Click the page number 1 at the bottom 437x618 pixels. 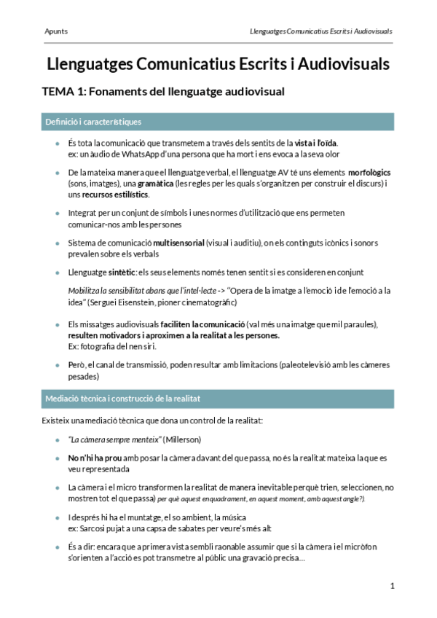point(392,586)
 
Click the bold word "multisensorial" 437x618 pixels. point(178,242)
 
